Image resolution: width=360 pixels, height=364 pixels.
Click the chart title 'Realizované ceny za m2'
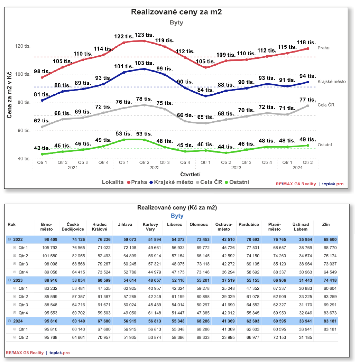176,12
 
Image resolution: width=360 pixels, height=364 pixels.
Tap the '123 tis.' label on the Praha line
144,35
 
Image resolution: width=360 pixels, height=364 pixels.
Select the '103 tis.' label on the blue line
144,63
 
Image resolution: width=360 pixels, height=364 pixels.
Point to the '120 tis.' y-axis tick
23,46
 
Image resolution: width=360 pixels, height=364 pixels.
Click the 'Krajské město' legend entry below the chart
171,182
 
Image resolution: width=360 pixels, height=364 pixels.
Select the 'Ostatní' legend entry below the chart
237,182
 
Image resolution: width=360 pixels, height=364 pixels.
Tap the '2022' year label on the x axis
154,167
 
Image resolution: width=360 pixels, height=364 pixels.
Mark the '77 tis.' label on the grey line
307,100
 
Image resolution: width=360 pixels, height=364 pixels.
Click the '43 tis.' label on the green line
42,148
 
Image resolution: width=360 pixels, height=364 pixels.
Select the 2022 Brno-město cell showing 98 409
50,240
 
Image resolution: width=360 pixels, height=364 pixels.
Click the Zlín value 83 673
328,313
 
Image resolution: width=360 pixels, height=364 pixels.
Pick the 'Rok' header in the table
11,225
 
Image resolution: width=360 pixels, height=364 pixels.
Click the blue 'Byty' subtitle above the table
177,216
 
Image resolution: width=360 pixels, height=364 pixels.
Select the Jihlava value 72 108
126,248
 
